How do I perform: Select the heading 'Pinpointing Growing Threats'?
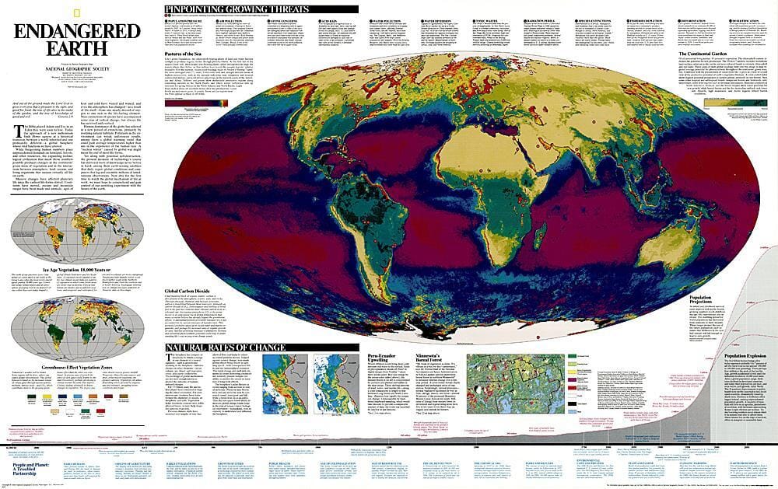(x=237, y=9)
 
